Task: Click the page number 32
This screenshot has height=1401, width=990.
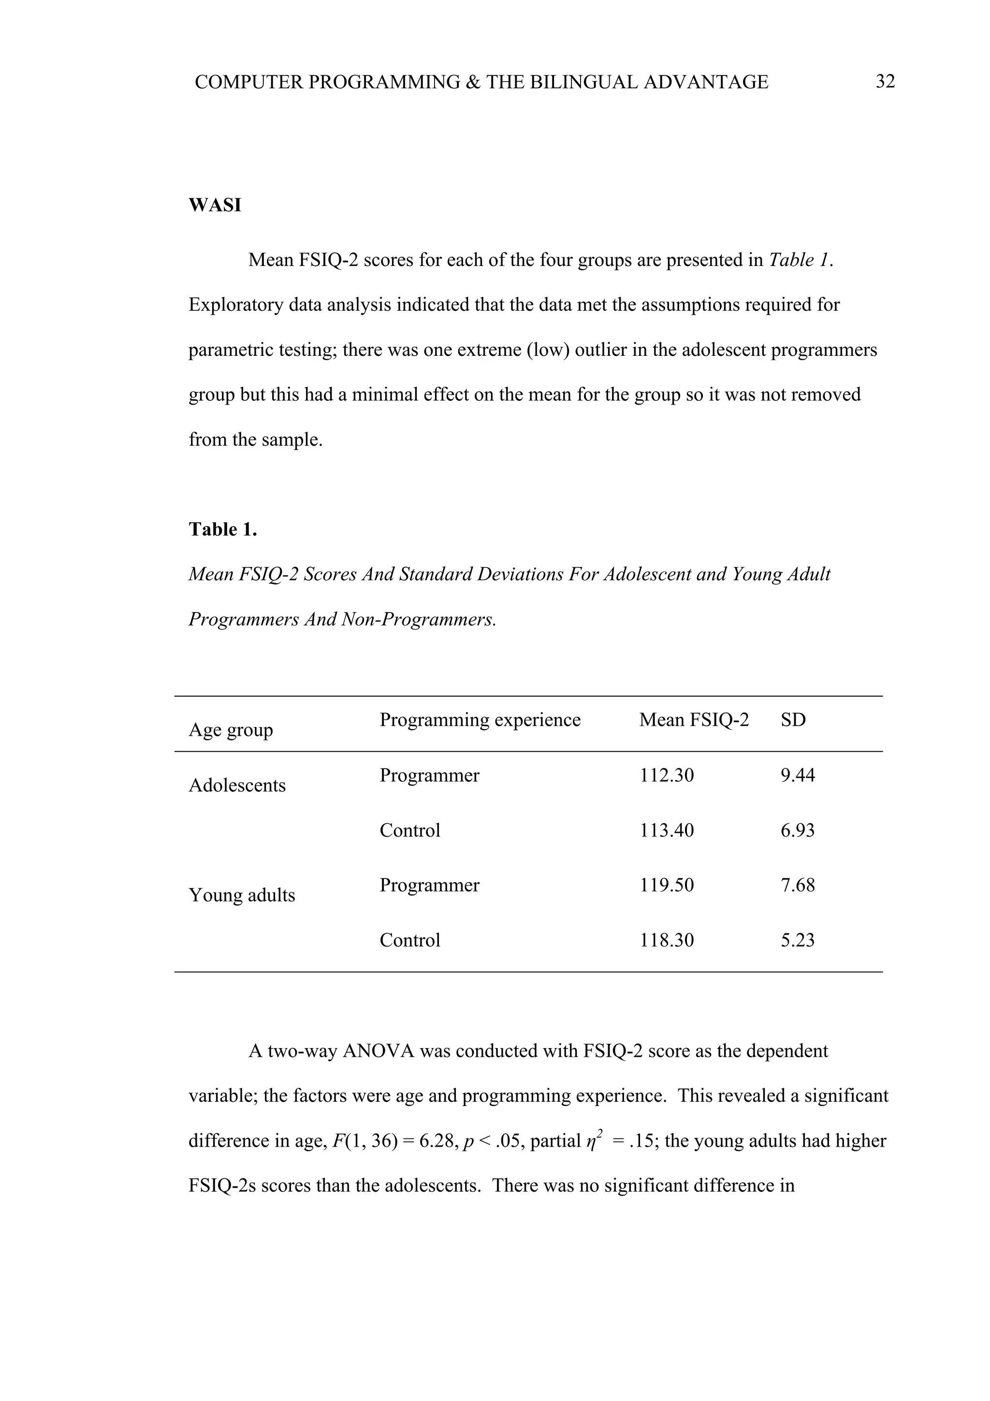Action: pos(885,81)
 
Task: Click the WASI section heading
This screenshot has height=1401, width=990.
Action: pos(215,205)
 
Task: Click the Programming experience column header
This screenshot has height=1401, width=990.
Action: pos(480,719)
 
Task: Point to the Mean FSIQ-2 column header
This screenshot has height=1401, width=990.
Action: pos(694,719)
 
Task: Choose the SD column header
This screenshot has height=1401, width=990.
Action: pos(793,719)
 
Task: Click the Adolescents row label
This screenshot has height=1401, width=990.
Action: pos(237,785)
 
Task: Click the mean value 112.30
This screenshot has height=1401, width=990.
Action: pos(666,775)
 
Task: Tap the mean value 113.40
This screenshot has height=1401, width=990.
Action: pos(666,830)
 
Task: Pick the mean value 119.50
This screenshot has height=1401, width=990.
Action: pos(666,885)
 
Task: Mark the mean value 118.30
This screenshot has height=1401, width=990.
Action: pos(666,940)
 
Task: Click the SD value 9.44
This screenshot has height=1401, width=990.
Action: pos(797,775)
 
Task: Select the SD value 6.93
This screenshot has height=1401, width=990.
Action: pos(797,830)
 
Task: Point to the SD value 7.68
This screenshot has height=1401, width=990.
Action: pos(797,885)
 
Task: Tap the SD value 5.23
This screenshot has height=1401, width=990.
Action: pos(797,940)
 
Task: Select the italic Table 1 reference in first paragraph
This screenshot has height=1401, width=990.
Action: pos(799,260)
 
